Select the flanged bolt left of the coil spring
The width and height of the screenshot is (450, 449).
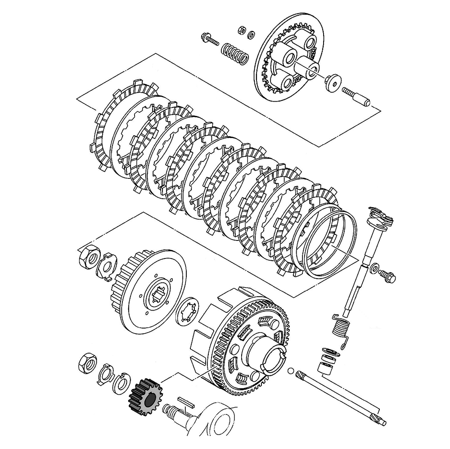point(211,40)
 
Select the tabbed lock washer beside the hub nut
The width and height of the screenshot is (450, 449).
point(108,266)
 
